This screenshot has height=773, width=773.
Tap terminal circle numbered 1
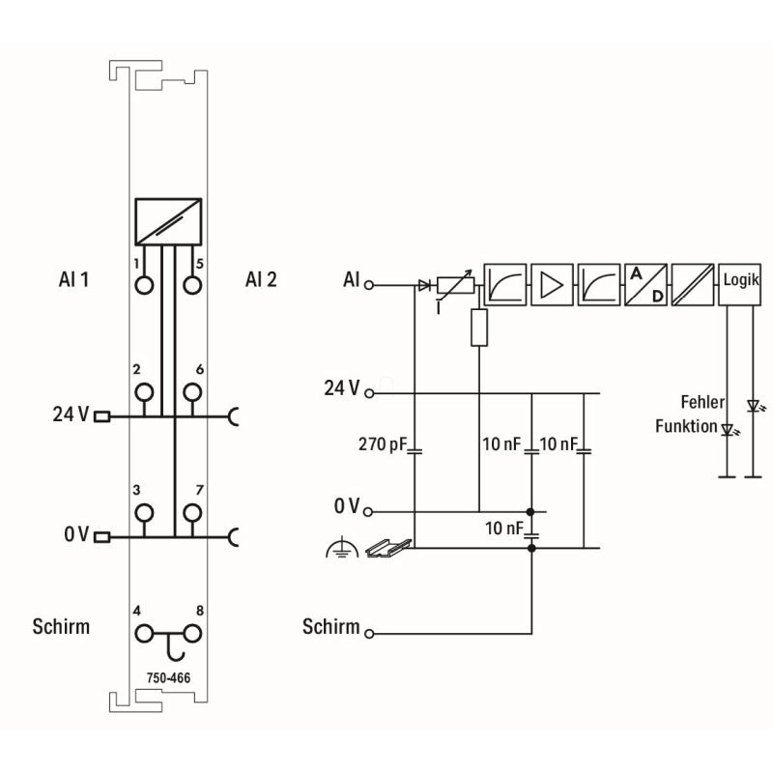tap(145, 284)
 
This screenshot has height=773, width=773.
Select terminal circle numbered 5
tap(192, 284)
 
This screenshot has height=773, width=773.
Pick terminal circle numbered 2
tap(145, 391)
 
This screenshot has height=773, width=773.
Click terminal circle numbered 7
tap(192, 511)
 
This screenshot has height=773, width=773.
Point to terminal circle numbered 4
tap(145, 634)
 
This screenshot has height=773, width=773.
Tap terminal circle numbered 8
tap(192, 634)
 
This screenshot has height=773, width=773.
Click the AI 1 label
tap(73, 280)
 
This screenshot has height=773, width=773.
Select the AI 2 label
tap(261, 280)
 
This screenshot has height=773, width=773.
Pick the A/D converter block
tap(645, 284)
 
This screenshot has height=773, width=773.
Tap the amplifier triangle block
tap(552, 284)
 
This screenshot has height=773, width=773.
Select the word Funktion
tap(686, 426)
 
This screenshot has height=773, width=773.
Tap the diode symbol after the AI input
tap(423, 285)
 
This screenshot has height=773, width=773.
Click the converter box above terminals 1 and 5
tap(168, 221)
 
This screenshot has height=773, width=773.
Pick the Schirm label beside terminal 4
tap(60, 626)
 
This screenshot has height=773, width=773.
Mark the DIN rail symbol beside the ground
tap(385, 548)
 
